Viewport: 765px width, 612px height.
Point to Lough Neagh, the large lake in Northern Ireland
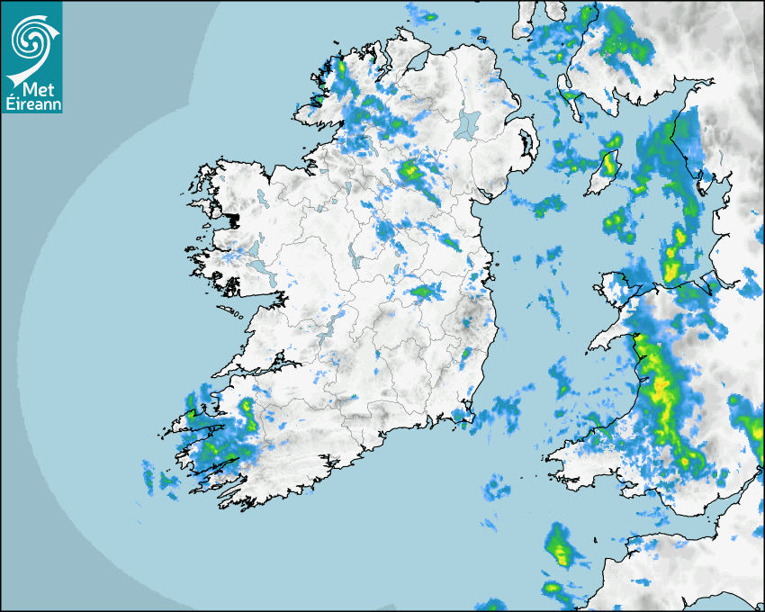point(467,123)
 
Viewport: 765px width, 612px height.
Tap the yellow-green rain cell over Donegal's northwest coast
point(341,67)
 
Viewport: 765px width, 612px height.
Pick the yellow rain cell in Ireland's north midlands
point(411,170)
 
